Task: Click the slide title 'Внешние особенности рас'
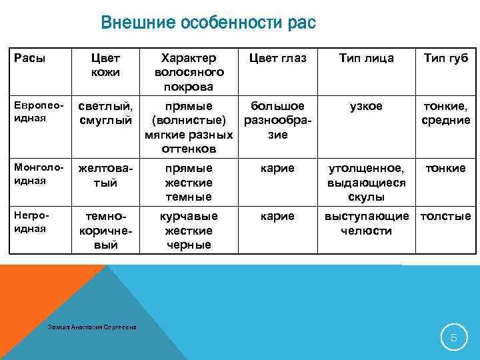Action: point(208,25)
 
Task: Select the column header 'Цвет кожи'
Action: point(105,65)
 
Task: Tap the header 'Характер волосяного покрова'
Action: point(189,72)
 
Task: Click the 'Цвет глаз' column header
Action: point(277,59)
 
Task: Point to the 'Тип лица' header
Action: point(366,59)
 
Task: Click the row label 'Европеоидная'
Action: point(31,112)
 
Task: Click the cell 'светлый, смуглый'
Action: point(105,113)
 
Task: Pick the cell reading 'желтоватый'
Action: point(105,175)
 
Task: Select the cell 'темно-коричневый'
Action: point(105,231)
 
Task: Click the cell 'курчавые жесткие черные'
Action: point(189,231)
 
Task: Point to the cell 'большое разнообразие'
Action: point(277,120)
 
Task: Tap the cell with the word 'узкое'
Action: point(366,107)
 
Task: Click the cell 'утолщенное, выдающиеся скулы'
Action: point(366,183)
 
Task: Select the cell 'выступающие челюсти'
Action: point(366,224)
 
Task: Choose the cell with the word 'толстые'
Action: point(445,217)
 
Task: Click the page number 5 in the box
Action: point(453,337)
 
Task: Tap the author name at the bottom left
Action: point(93,327)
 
